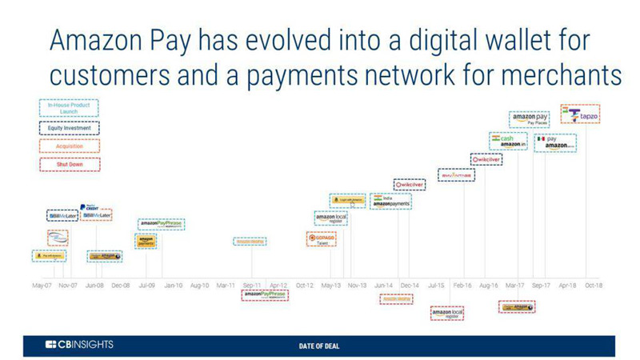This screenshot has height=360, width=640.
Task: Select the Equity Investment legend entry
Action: pos(69,127)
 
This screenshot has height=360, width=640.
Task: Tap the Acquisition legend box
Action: pos(69,146)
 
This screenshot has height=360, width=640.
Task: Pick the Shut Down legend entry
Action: pos(69,165)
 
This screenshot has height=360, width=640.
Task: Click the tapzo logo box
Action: pos(580,115)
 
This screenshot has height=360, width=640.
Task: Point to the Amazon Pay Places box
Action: pos(530,121)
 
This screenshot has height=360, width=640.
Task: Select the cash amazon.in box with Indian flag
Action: pos(510,142)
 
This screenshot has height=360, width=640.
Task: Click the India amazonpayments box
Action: pos(390,202)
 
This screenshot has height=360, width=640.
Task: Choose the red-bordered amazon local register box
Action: pos(446,313)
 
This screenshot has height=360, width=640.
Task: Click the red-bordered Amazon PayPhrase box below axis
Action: pos(264,295)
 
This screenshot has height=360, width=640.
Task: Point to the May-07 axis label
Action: pos(42,285)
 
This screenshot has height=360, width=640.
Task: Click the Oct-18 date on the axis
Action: pos(593,285)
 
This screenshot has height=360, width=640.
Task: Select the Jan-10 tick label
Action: pos(173,285)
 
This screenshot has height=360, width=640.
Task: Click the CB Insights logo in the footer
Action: pos(79,344)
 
